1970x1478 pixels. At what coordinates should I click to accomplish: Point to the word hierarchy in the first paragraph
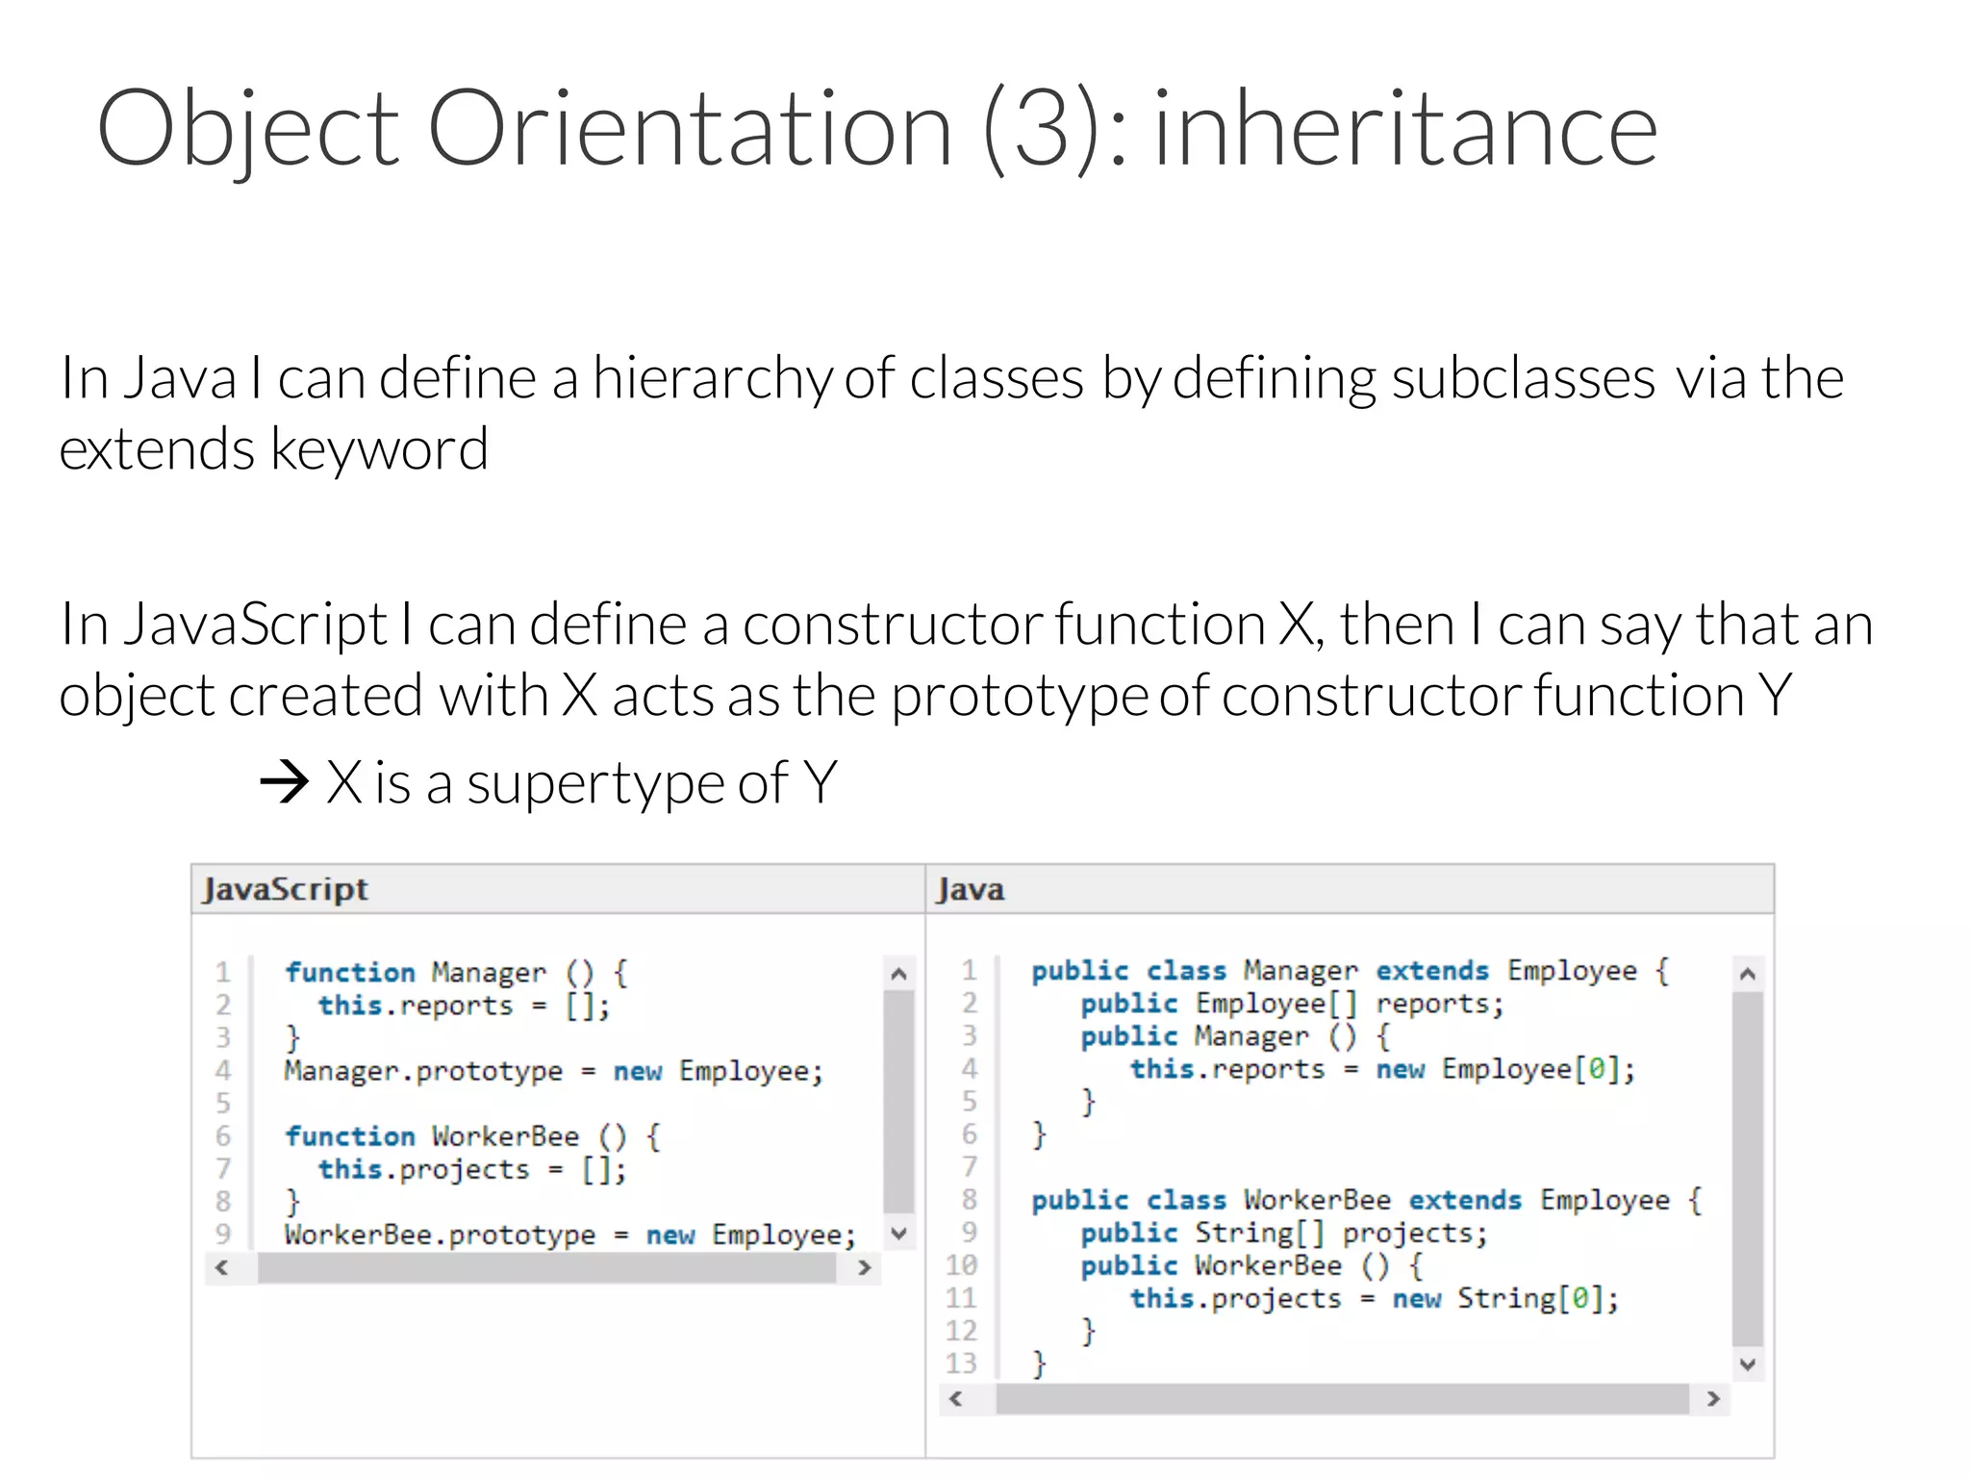(712, 378)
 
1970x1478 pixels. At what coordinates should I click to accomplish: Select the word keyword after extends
(380, 449)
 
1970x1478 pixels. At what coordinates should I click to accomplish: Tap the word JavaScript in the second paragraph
(255, 624)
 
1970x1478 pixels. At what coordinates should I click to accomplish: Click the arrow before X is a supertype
(284, 781)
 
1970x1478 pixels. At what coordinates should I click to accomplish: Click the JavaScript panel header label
(286, 889)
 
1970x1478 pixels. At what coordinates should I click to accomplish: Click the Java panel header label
(971, 889)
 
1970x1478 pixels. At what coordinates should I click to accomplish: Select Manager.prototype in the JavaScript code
(423, 1071)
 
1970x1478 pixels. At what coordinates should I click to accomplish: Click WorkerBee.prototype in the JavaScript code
(440, 1235)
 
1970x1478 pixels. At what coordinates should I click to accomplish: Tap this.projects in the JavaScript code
(423, 1169)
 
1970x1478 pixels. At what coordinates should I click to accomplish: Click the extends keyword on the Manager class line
(1431, 970)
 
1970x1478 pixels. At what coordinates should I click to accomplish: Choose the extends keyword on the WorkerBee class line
(1465, 1200)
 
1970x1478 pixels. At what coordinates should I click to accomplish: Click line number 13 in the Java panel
(961, 1363)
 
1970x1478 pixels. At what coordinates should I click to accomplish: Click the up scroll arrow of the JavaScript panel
(898, 974)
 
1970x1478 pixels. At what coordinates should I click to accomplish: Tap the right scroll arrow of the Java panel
(1713, 1399)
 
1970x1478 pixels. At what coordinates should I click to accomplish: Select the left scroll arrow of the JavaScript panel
(222, 1267)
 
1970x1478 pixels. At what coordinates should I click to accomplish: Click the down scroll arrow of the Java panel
(1748, 1364)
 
